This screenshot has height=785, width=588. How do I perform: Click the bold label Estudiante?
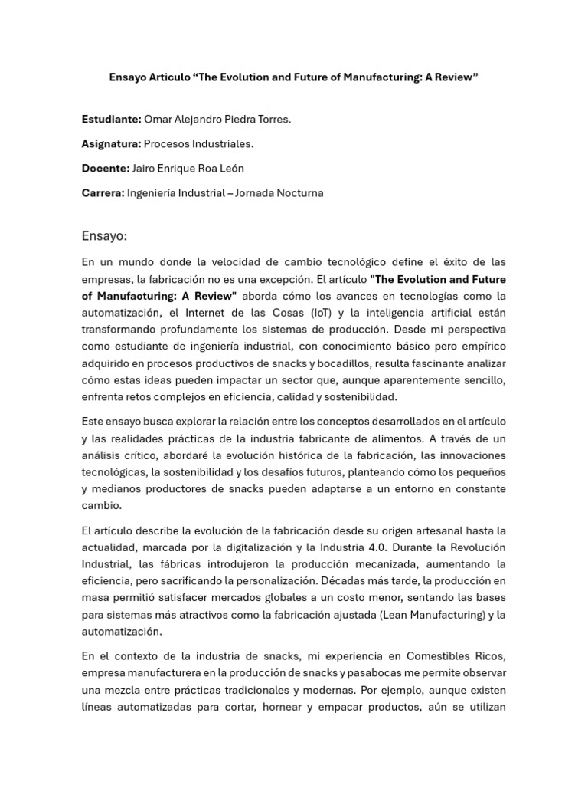point(110,119)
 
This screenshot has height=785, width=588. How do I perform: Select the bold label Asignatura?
point(111,143)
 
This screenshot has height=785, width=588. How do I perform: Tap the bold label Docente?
point(106,168)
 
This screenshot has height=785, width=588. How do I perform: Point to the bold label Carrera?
point(103,192)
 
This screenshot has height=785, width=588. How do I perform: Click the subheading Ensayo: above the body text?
point(104,235)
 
